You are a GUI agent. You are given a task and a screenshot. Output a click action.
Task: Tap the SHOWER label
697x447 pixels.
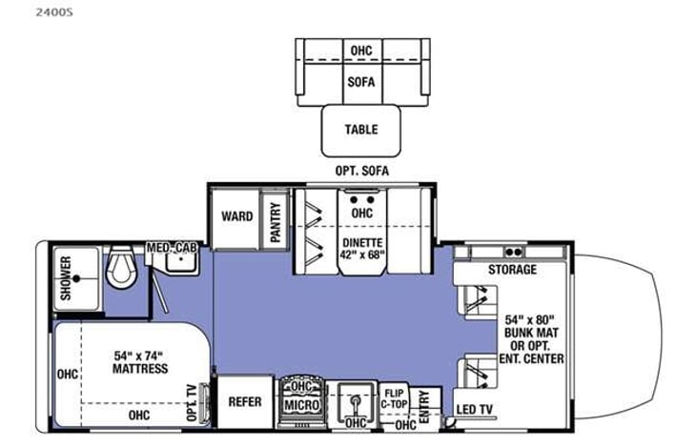66,278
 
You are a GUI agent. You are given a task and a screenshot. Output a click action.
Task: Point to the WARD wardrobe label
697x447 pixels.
236,216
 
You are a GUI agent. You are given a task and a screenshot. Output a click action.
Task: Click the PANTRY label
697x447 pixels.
275,220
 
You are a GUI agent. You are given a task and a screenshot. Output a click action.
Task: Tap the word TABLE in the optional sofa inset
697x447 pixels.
360,130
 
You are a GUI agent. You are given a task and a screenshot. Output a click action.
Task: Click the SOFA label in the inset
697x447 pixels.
360,82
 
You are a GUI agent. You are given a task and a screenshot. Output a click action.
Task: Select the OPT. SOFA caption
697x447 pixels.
360,170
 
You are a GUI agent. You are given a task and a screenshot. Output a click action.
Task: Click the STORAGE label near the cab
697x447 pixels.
513,270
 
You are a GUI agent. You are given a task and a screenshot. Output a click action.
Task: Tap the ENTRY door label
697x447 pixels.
424,398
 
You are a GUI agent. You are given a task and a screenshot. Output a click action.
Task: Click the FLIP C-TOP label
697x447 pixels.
395,397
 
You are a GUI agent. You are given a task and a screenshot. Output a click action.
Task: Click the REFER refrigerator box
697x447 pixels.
245,402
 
